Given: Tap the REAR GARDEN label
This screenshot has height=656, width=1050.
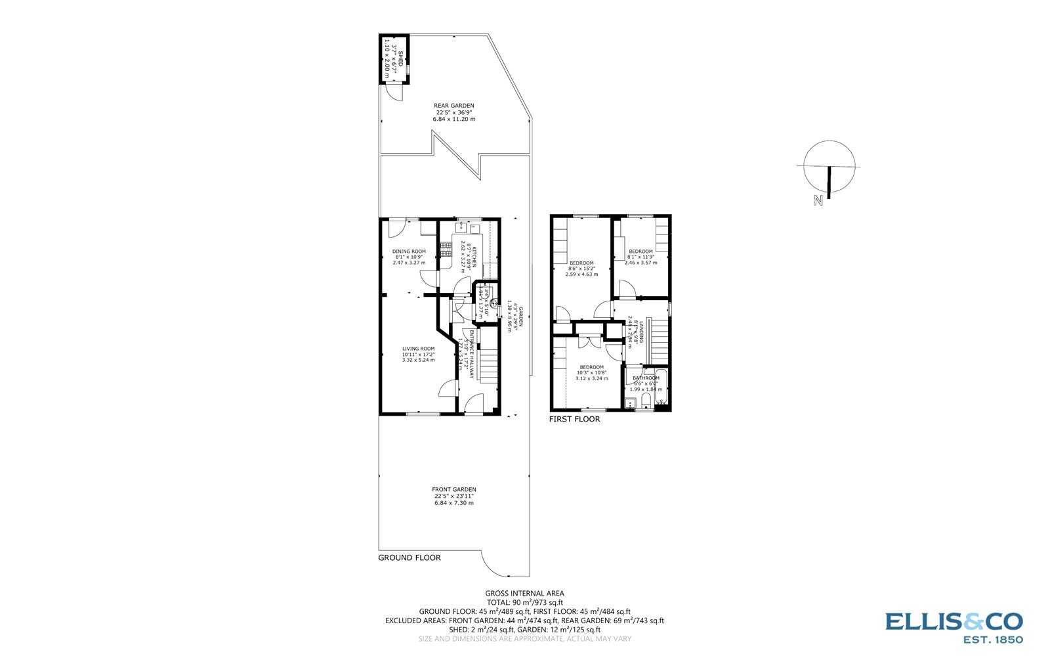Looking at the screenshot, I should coord(453,106).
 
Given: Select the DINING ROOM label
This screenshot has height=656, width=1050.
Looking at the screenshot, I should coord(409,251).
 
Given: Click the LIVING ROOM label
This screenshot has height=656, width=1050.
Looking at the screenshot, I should coord(418,349).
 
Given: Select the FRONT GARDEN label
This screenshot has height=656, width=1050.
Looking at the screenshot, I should coord(453,489).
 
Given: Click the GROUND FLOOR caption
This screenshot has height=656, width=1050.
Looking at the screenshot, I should coord(409,558).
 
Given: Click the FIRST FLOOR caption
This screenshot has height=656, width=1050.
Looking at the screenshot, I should coord(574,419).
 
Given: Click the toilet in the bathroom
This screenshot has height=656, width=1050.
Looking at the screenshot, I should coord(646,401).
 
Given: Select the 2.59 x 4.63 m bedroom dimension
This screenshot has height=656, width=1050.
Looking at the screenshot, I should coord(581,274).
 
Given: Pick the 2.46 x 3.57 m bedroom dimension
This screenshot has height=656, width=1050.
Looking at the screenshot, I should coord(640,263).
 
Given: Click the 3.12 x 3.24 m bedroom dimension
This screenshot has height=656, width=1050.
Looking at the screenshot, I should coord(591,378).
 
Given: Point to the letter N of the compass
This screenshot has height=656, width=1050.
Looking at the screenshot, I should coord(818,201).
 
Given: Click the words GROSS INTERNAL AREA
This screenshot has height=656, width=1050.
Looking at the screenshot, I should coord(524,593).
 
